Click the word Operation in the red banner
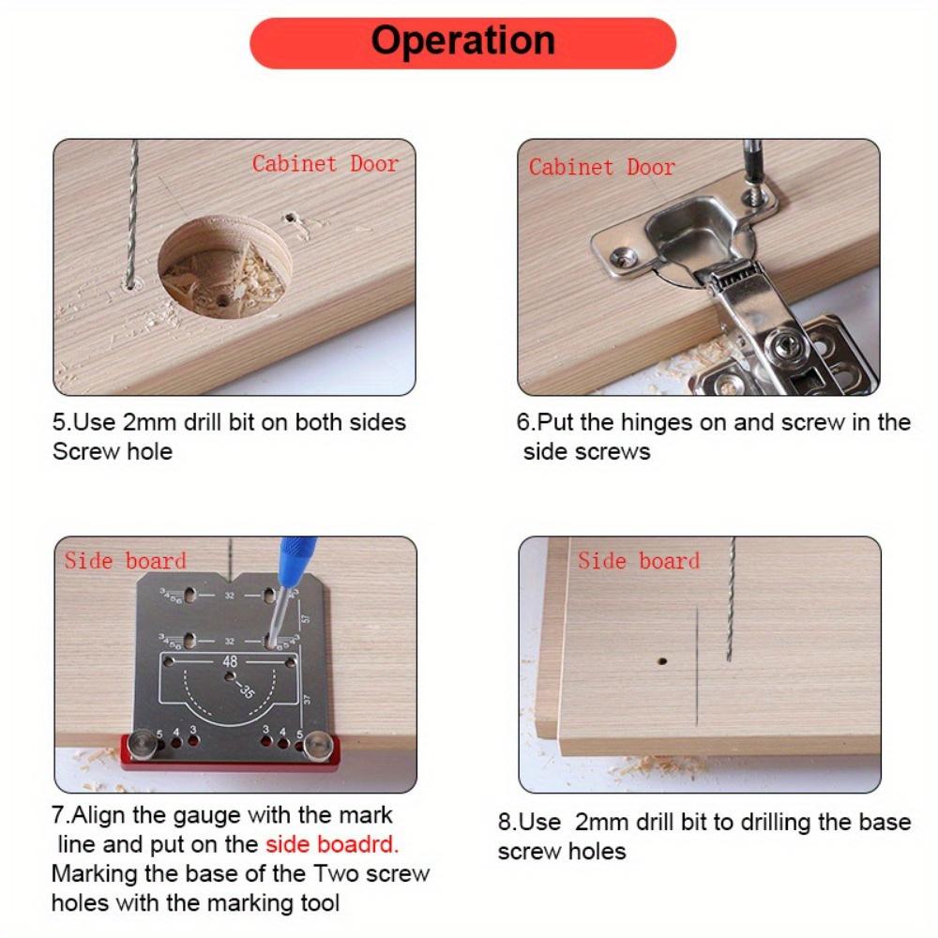(462, 41)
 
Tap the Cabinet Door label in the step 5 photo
(325, 163)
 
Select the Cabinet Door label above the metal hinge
(601, 167)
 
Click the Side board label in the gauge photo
(125, 561)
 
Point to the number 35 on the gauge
(247, 692)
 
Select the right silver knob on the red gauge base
(319, 746)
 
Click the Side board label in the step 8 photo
(638, 561)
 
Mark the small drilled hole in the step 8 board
(661, 661)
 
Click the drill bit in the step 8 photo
(730, 600)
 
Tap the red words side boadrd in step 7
(332, 843)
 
